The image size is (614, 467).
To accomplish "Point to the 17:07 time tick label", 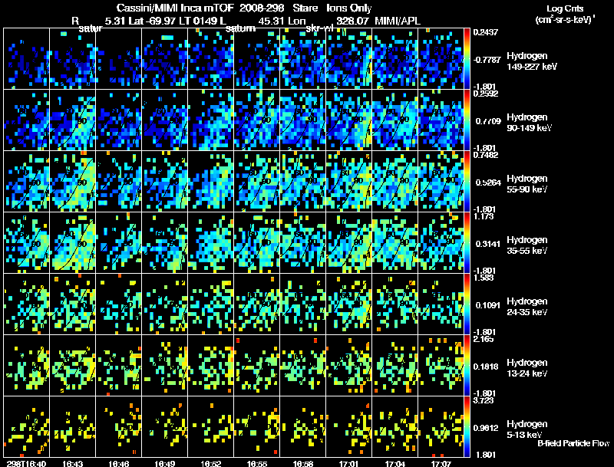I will [x=442, y=463].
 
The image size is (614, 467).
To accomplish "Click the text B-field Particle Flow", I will [x=573, y=443].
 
